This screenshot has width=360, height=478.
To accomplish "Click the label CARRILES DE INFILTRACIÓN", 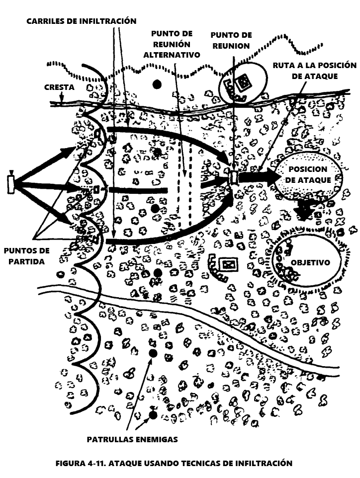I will coord(82,21).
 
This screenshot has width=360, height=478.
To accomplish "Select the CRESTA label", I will coord(59,87).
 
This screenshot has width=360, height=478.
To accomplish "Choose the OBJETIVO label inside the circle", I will coord(310,262).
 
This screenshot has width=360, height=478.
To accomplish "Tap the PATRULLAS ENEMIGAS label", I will coord(132,439).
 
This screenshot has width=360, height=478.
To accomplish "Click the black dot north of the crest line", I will coord(158,84).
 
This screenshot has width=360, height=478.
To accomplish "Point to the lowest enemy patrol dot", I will coord(153,414).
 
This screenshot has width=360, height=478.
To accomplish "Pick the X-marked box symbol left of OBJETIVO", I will coord(228,264).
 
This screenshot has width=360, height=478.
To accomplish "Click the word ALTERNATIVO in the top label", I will coord(172,54).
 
